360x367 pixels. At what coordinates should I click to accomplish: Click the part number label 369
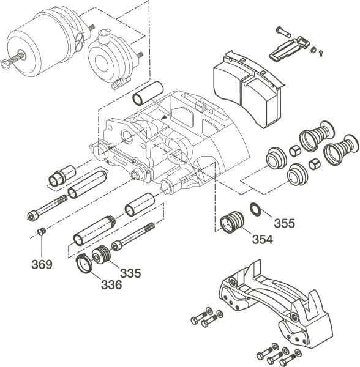pyautogui.click(x=42, y=264)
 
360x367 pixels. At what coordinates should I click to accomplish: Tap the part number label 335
pyautogui.click(x=130, y=273)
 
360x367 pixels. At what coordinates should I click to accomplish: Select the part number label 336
pyautogui.click(x=111, y=285)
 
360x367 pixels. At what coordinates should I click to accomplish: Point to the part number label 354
pyautogui.click(x=263, y=239)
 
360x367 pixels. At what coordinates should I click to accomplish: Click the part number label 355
pyautogui.click(x=285, y=223)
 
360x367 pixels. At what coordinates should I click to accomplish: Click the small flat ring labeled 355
pyautogui.click(x=255, y=209)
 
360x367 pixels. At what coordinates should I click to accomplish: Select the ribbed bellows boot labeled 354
pyautogui.click(x=232, y=222)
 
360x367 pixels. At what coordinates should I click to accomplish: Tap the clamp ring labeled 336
pyautogui.click(x=84, y=264)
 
